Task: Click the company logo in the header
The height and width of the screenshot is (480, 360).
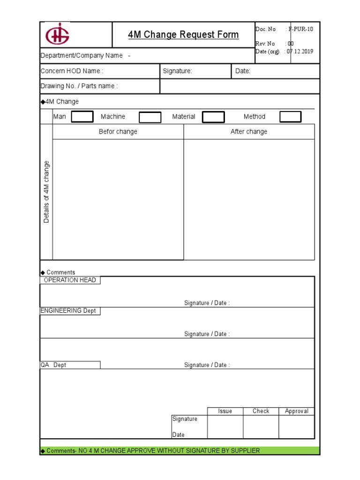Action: (x=57, y=35)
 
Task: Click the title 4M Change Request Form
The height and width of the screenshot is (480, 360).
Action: (x=183, y=35)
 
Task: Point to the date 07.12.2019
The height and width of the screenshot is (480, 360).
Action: (x=300, y=52)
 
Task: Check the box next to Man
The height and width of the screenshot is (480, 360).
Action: (x=82, y=117)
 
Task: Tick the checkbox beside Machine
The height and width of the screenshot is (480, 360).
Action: (x=150, y=117)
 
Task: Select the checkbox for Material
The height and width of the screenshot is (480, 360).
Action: (x=213, y=117)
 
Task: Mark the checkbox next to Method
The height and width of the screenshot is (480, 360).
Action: (x=291, y=117)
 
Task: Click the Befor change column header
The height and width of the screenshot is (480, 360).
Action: (x=118, y=132)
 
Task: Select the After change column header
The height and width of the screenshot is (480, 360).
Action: (x=249, y=132)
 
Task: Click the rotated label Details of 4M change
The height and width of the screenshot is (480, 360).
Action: (x=46, y=192)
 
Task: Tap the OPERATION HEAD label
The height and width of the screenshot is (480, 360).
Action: (x=70, y=280)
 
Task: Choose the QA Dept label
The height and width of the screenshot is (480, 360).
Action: (x=53, y=365)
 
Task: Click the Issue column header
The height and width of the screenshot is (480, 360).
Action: (x=225, y=411)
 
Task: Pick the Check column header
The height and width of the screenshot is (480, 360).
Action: (x=261, y=411)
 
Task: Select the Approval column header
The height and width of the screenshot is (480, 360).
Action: (x=297, y=411)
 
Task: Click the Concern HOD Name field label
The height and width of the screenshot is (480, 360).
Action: (x=72, y=71)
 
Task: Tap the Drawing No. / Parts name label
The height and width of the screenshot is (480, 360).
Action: (x=79, y=86)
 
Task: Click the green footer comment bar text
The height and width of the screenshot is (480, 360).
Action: (x=150, y=450)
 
